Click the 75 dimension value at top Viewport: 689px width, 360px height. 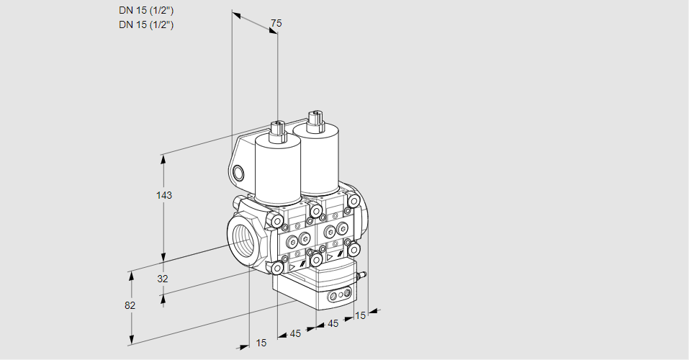pyautogui.click(x=275, y=24)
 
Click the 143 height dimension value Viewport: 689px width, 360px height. pyautogui.click(x=165, y=195)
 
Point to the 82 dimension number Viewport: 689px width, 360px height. pyautogui.click(x=130, y=305)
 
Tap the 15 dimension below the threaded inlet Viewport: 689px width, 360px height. pyautogui.click(x=261, y=343)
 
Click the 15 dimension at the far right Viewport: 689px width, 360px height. pyautogui.click(x=360, y=315)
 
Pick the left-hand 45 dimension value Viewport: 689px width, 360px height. pyautogui.click(x=295, y=333)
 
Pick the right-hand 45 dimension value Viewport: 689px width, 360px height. pyautogui.click(x=333, y=324)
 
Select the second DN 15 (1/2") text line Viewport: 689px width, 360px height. pyautogui.click(x=147, y=24)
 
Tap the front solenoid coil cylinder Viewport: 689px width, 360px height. pyautogui.click(x=277, y=169)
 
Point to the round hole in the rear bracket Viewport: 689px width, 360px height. pyautogui.click(x=239, y=173)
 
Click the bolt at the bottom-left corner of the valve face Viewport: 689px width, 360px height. pyautogui.click(x=276, y=268)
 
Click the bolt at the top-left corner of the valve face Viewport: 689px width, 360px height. pyautogui.click(x=276, y=221)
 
